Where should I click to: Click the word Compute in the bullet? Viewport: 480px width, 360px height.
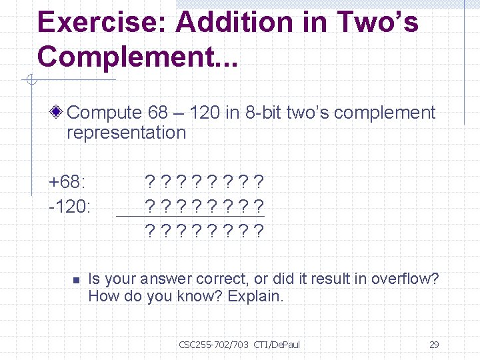tap(105, 113)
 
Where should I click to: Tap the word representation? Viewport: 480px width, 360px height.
tap(126, 132)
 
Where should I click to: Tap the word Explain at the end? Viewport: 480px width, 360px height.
tap(255, 296)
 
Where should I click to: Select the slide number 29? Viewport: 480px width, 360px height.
tap(434, 345)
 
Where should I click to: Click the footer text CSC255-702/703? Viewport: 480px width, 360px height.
tap(213, 345)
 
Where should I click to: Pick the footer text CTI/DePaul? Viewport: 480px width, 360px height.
tap(277, 345)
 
